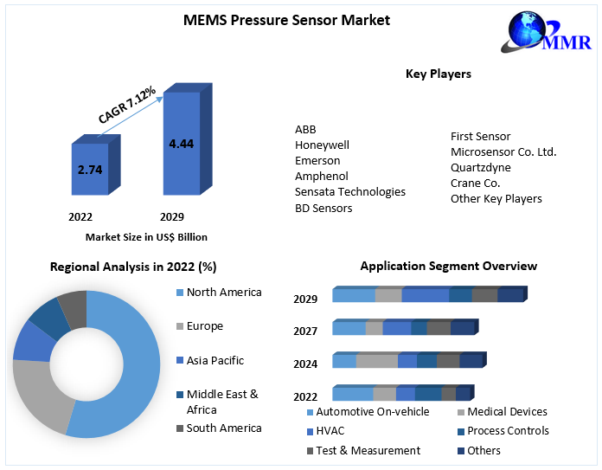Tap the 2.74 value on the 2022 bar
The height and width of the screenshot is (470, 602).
coord(90,170)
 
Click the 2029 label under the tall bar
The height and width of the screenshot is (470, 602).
coord(172,216)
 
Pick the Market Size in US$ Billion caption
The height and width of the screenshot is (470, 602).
coord(146,236)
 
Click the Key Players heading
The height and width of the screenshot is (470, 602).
coord(439,74)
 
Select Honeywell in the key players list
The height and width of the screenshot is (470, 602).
coord(322,145)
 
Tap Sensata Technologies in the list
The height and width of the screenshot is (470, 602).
coord(349,191)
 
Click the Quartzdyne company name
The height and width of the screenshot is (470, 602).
coord(480,167)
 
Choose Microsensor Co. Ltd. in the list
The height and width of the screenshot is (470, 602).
coord(503,151)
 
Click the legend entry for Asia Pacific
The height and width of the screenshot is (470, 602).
coord(215,360)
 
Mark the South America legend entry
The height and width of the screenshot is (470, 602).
coord(223,428)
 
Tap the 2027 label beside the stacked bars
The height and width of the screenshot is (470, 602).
coord(305,331)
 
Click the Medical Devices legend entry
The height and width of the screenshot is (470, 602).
coord(507,411)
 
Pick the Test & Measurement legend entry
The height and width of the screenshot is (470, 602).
coord(368,450)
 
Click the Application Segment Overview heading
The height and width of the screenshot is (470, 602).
coord(448,266)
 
